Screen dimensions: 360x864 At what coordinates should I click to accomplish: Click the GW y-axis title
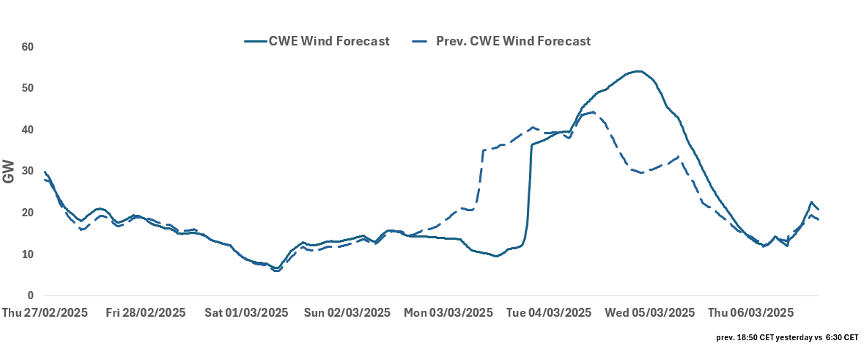pos(9,172)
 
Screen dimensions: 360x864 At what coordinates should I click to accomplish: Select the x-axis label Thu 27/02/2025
pos(45,313)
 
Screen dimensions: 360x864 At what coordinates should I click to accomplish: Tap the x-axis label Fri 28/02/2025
pos(146,313)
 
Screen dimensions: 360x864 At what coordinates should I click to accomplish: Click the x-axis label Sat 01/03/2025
pos(246,313)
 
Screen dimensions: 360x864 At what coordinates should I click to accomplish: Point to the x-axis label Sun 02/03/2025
pos(347,313)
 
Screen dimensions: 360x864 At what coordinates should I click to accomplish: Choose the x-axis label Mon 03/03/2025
pos(448,313)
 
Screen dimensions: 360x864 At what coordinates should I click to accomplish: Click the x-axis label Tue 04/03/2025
pos(549,313)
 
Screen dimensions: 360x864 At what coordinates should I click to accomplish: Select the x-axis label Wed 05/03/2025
pos(650,313)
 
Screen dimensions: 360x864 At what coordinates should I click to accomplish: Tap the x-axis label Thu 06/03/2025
pos(750,313)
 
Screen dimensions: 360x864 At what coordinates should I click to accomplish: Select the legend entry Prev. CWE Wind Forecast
pos(513,41)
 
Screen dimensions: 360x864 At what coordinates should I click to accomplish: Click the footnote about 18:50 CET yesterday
pos(787,338)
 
